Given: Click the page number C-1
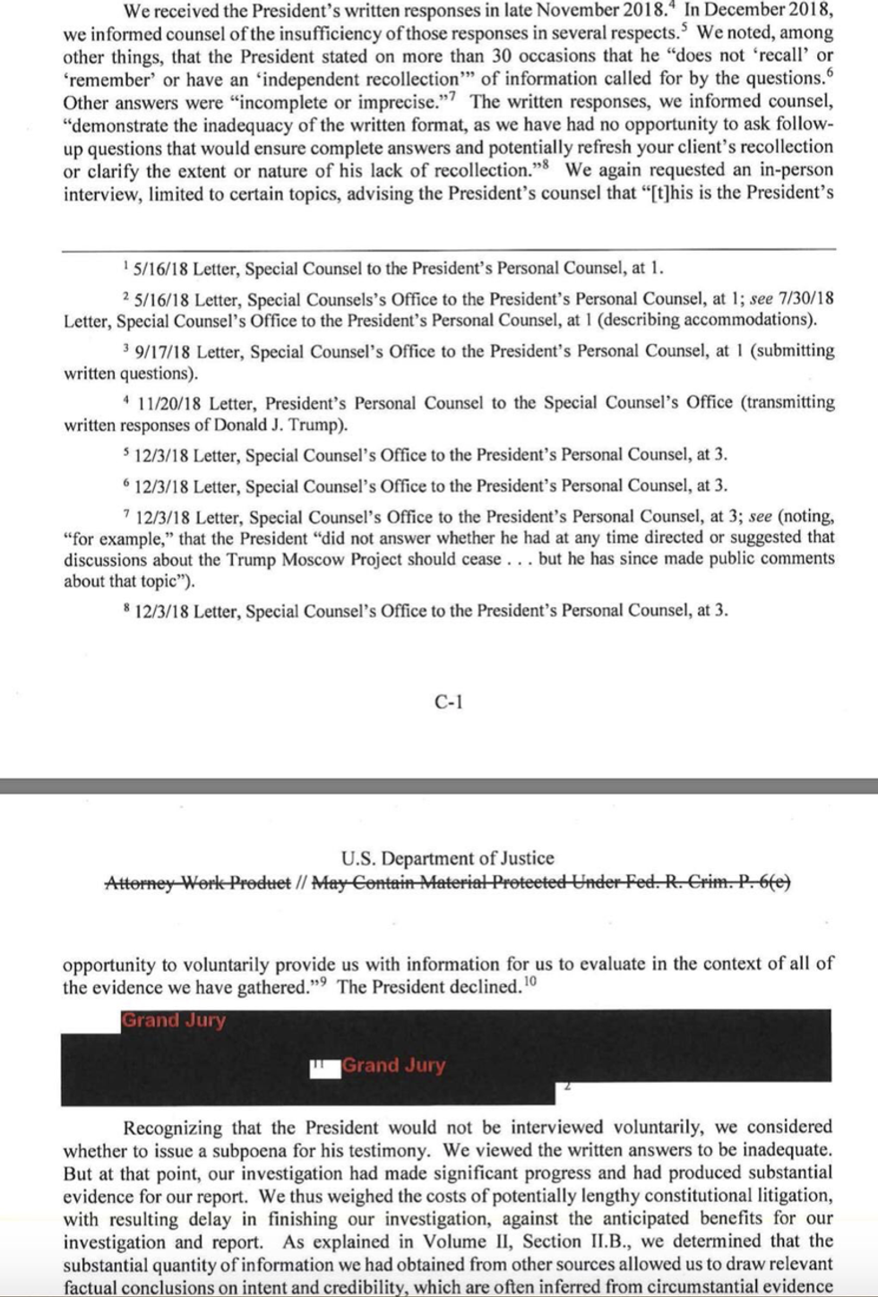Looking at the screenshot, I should click(x=448, y=702).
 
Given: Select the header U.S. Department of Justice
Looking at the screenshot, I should click(x=447, y=858).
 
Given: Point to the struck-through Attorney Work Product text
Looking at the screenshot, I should click(x=197, y=882).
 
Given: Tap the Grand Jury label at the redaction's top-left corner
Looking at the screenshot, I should click(x=174, y=1020).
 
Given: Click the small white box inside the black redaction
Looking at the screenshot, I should click(x=324, y=1067).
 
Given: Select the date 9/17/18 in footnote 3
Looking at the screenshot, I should click(x=162, y=351).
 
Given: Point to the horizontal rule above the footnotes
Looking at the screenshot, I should click(x=448, y=248).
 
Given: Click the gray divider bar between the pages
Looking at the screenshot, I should click(x=439, y=786).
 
